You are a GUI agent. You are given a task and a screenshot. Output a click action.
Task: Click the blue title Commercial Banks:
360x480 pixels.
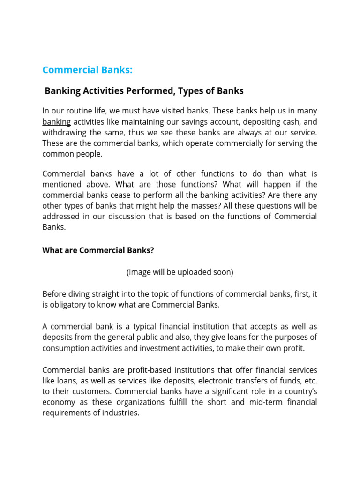(87, 70)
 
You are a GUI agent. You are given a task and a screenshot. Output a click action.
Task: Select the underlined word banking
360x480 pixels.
(57, 122)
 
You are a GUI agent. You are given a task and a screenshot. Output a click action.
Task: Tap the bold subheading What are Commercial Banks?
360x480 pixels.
(98, 250)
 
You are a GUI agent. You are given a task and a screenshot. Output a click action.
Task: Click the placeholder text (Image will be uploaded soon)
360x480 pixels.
(180, 272)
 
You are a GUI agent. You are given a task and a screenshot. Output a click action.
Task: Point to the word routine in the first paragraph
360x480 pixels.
(79, 111)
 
